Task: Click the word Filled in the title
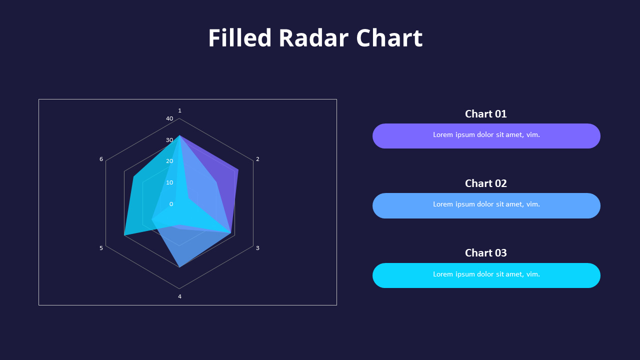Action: pos(239,38)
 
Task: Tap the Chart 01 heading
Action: pos(485,114)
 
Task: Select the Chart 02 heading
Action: pos(485,183)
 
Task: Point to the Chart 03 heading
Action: pos(485,253)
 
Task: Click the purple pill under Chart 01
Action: pos(486,136)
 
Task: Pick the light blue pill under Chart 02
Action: pos(486,205)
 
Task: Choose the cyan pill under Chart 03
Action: pos(486,275)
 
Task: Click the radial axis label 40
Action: pos(169,119)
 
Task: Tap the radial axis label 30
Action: pos(169,140)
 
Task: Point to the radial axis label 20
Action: pos(169,161)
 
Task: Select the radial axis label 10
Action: pos(169,182)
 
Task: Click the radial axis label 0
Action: pos(171,204)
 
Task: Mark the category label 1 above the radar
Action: pos(179,110)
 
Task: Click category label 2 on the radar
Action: pos(257,159)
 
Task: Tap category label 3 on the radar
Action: pos(257,248)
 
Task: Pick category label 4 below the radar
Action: pos(179,296)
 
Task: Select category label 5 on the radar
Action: pos(101,248)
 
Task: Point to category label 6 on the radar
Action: pos(101,159)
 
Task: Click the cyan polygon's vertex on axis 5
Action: pos(125,234)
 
